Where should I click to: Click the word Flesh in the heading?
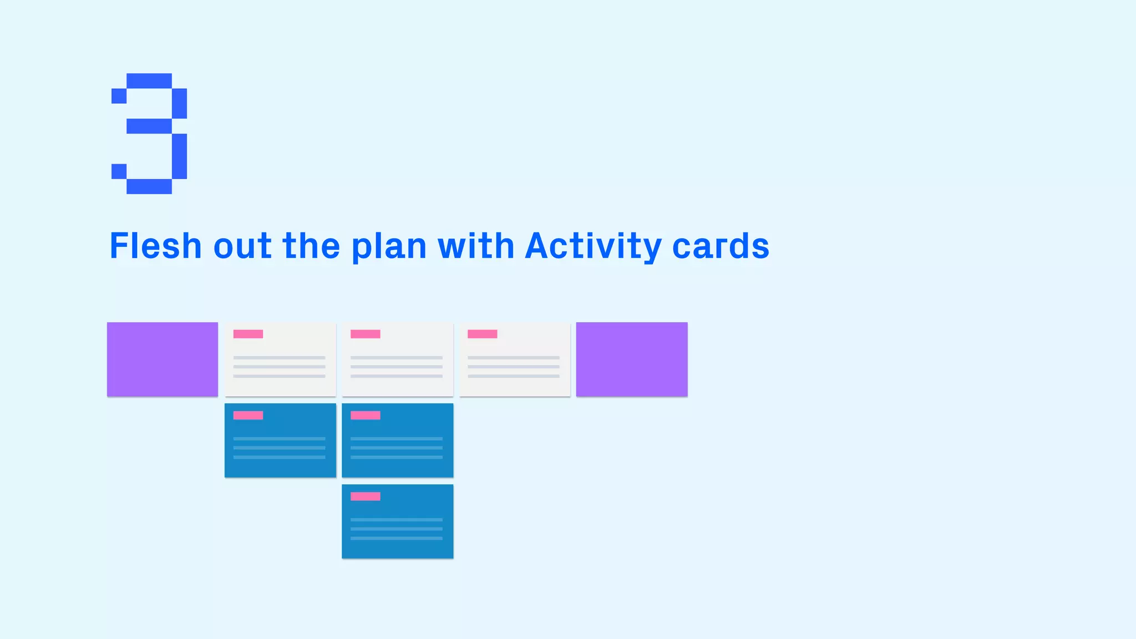155,246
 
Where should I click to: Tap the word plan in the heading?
389,246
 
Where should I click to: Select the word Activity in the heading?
593,246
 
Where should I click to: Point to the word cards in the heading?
721,246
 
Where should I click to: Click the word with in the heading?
476,246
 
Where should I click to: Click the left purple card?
163,359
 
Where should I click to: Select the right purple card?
632,359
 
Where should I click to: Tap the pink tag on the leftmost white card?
248,334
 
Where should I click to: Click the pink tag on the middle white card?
366,334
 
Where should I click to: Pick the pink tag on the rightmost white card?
483,334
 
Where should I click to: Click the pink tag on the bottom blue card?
366,496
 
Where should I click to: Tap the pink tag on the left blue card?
248,415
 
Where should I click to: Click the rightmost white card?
515,366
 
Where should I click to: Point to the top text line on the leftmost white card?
279,358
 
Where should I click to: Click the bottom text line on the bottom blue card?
397,538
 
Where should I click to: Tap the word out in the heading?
242,246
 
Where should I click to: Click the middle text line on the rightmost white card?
514,367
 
